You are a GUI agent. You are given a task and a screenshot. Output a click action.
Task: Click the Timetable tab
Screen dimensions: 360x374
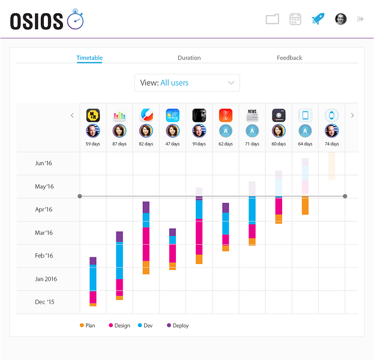coord(89,58)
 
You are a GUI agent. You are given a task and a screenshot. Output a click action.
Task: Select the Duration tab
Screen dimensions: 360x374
coord(189,58)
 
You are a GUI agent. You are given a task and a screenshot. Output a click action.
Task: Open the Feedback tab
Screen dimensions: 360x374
coord(289,58)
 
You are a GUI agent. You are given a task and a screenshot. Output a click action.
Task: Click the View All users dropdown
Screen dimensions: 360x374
coord(187,83)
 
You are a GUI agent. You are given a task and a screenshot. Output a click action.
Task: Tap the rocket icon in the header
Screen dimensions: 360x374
coord(318,19)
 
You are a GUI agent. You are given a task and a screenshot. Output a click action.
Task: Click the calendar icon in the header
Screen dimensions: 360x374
coord(295,19)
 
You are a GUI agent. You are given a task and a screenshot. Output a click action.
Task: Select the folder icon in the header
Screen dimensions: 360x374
coord(273,19)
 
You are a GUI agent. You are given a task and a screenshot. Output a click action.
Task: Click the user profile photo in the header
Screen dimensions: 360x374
coord(340,19)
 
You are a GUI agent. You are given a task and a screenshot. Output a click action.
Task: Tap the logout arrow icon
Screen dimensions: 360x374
coord(361,19)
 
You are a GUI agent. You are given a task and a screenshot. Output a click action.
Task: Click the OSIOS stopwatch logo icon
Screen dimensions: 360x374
coord(76,20)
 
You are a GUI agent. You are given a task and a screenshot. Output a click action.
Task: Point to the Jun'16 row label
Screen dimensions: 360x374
coord(44,163)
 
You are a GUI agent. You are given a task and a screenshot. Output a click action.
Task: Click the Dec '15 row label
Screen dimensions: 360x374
coord(44,302)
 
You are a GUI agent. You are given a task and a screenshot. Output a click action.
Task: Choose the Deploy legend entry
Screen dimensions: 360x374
coord(178,325)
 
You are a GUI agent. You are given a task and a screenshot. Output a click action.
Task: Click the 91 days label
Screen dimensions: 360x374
coord(199,144)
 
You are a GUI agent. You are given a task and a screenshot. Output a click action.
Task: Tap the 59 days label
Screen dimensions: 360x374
coord(93,144)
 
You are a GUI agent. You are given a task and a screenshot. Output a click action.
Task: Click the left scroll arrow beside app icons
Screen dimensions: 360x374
coord(72,115)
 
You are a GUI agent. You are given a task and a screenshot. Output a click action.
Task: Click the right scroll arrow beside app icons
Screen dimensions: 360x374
coord(352,115)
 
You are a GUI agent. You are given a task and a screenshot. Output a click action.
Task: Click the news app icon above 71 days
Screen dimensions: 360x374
coord(252,115)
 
